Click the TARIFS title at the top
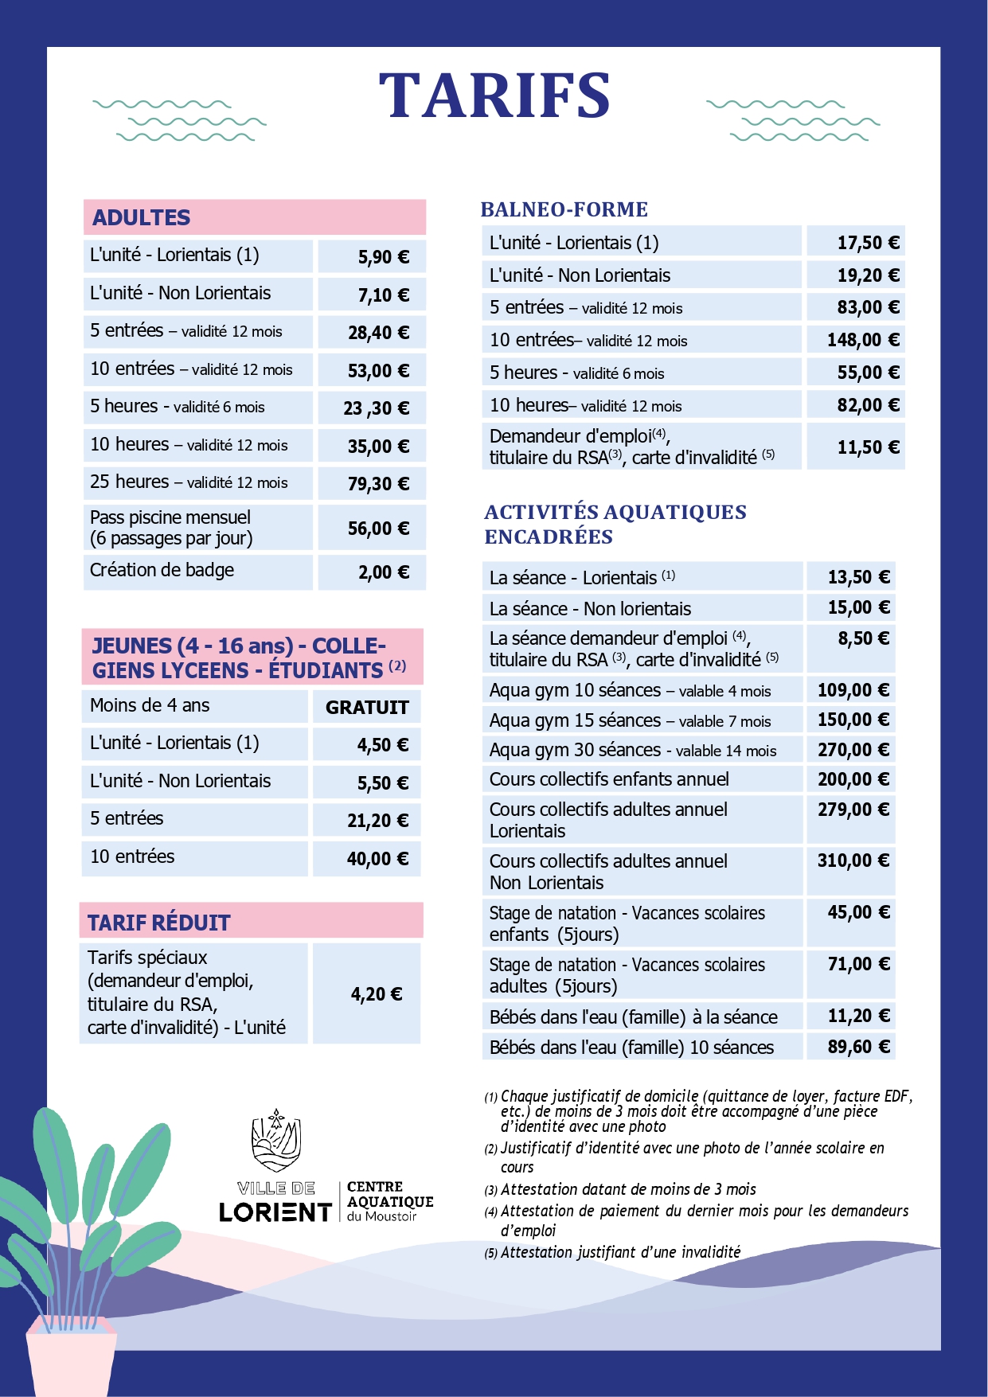pos(494,96)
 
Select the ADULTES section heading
pos(142,217)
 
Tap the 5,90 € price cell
pos(383,257)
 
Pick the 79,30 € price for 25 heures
pos(378,484)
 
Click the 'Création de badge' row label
pos(162,570)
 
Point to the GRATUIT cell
pos(367,708)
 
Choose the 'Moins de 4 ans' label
pos(150,705)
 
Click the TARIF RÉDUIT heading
pos(159,923)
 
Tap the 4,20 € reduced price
pos(376,993)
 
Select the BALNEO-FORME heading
pos(564,209)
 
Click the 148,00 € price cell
pos(863,340)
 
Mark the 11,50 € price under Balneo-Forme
pos(868,447)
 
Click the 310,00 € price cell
pos(853,860)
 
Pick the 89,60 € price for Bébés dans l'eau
pos(858,1047)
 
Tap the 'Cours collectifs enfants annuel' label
pos(609,779)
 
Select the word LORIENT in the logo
pos(275,1212)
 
